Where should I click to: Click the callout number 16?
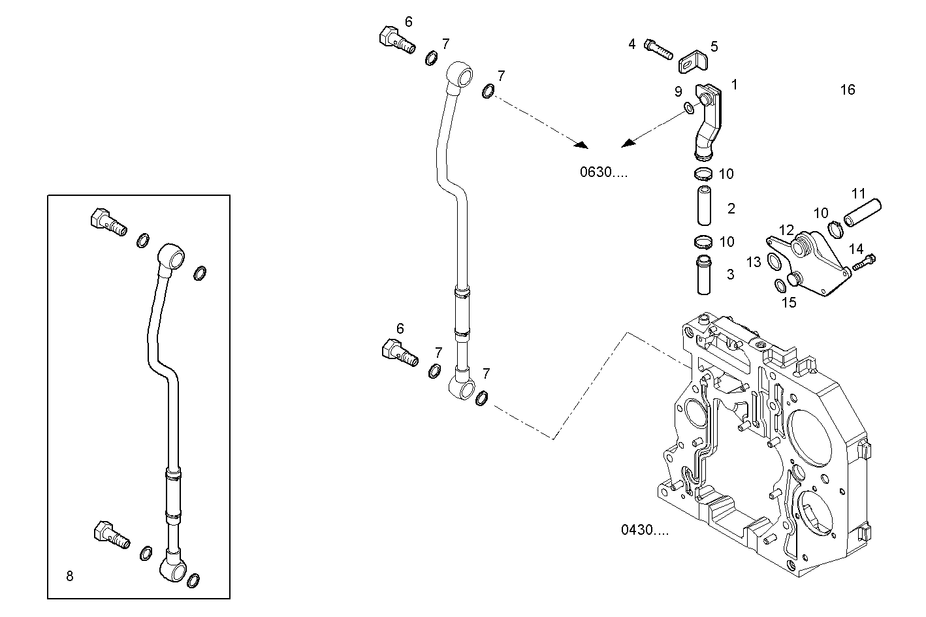point(847,90)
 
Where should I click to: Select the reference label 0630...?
point(603,172)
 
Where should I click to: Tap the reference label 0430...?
point(645,530)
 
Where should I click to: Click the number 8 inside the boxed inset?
point(70,576)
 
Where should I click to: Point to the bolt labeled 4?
point(658,49)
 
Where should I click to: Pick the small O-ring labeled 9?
point(690,107)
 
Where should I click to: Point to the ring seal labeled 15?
point(780,285)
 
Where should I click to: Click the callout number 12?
point(786,230)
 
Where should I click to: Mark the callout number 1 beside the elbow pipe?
point(734,84)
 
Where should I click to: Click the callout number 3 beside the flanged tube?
point(731,275)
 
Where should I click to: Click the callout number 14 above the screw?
point(856,249)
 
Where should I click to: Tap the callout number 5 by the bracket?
point(714,46)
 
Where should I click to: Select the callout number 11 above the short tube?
point(858,194)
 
